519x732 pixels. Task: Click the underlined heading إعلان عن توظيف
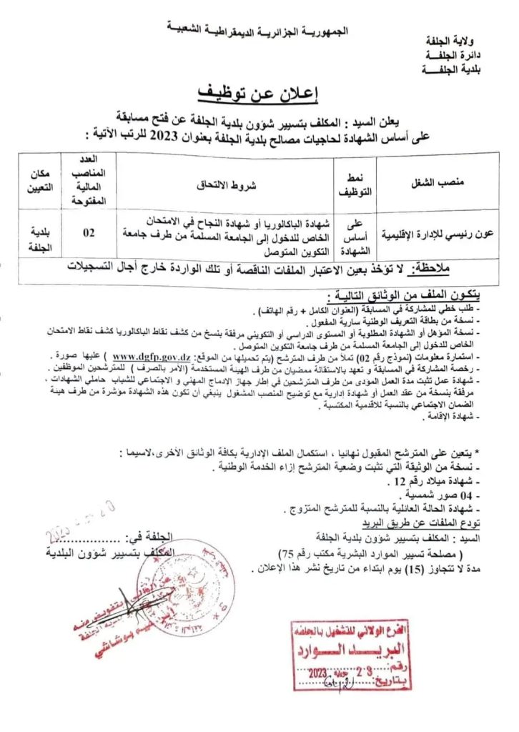(259, 93)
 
